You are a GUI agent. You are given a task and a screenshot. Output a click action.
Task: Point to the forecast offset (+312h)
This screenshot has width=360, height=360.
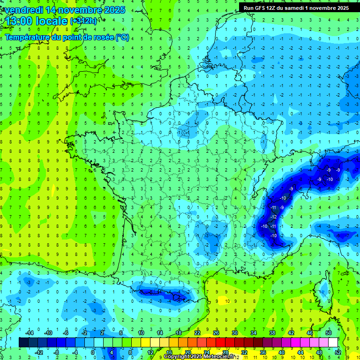coord(83,21)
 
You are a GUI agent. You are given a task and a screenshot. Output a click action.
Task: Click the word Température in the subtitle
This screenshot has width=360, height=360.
coord(27,37)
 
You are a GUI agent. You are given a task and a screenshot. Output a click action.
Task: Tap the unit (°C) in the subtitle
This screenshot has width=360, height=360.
coord(122,37)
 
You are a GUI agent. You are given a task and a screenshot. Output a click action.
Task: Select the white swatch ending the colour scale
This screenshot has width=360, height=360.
coord(333,343)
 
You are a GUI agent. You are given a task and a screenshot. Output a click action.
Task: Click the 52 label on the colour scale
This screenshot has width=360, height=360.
coord(337,352)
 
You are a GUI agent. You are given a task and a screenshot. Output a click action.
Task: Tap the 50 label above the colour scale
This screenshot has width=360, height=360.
coord(328,332)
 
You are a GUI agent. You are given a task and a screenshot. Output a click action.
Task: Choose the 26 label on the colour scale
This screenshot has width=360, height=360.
coord(216,332)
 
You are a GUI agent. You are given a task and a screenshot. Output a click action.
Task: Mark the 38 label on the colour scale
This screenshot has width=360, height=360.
coord(272,332)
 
